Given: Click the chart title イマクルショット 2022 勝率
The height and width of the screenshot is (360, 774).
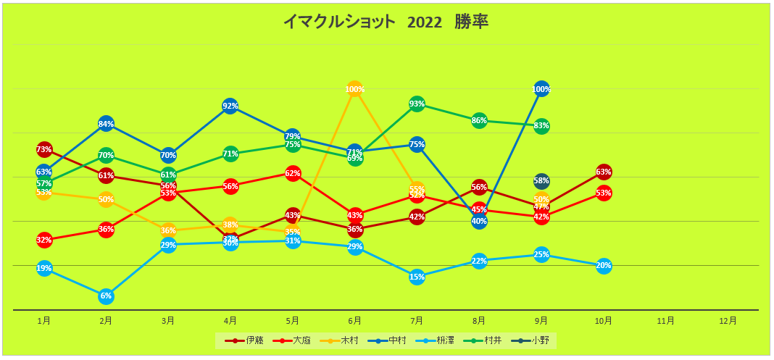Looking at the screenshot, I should coord(386,22).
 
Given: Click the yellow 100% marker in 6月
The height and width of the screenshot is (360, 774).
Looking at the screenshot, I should coord(354,89).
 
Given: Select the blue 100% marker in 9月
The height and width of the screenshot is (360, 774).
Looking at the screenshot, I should coord(541,89).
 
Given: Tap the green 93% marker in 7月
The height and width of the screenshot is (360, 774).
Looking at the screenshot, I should coord(417,104).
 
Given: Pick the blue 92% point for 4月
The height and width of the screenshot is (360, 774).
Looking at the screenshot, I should coord(230,106).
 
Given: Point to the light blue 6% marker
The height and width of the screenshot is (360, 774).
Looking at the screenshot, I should coord(106,296).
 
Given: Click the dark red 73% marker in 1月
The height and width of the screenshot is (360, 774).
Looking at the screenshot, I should coord(44,149).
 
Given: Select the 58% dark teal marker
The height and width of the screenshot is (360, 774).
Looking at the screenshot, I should coord(541,180).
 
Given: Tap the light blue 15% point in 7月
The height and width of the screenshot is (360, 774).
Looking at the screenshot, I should coord(417,276).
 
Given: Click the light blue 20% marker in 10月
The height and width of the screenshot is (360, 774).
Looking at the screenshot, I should coord(604,265).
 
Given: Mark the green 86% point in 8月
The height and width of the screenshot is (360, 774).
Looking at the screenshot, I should coord(479,120).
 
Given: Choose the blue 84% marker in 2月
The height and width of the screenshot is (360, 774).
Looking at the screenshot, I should coord(106,124).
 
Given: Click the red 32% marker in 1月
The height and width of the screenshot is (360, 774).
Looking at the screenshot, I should coord(44,240).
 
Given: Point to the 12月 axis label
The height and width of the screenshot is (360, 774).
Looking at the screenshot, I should coord(728,320).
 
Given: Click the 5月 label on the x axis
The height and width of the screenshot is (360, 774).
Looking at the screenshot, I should coord(293,320).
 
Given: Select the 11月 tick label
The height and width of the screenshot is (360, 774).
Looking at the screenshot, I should coord(666,320).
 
